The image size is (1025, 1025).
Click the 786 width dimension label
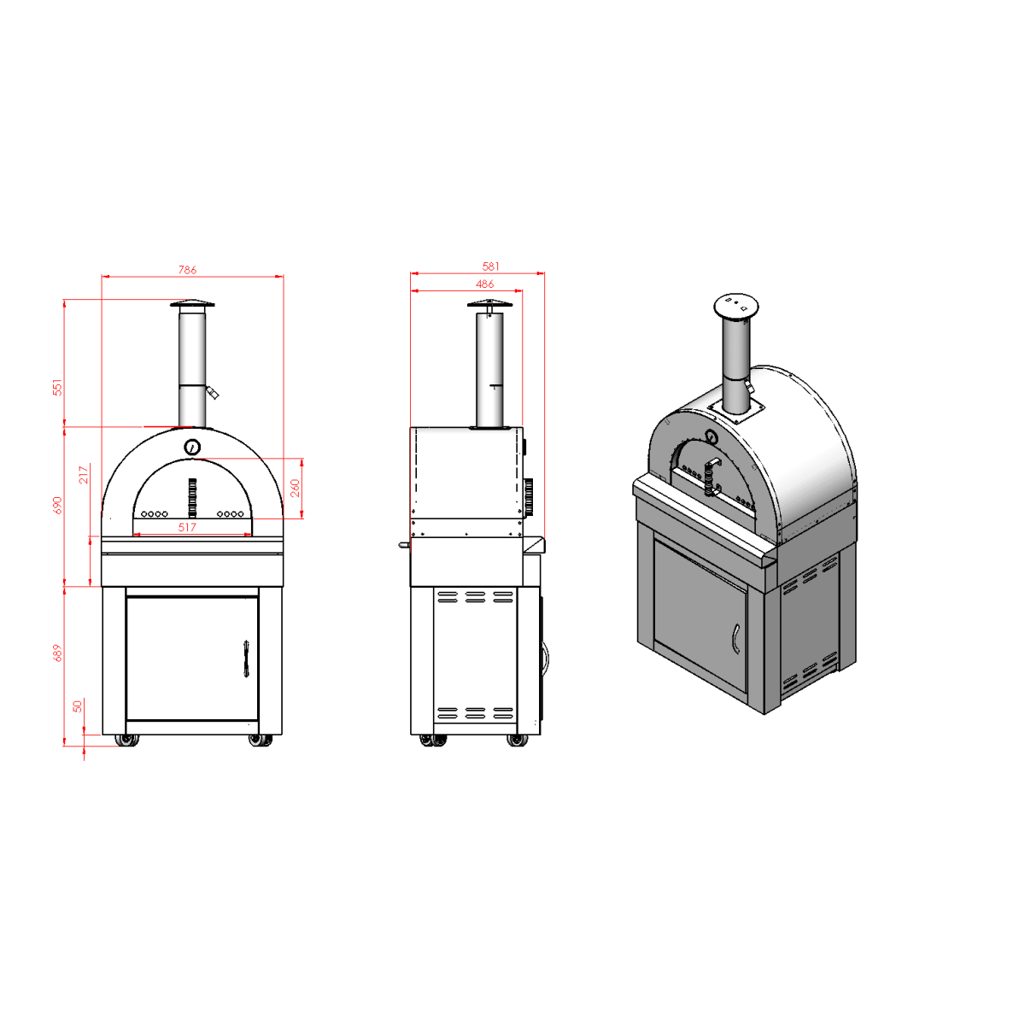tap(187, 270)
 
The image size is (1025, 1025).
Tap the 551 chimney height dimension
tap(57, 387)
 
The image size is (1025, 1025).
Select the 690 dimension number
tap(57, 506)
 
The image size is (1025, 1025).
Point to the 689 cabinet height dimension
tap(57, 653)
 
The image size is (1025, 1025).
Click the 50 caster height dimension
tap(78, 706)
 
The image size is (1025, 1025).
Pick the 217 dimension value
tap(84, 475)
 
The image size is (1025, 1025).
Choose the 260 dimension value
tap(296, 488)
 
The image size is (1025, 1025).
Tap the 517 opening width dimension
tap(187, 527)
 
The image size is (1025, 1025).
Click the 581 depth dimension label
tap(490, 266)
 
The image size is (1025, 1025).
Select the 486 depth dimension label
tap(484, 284)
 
